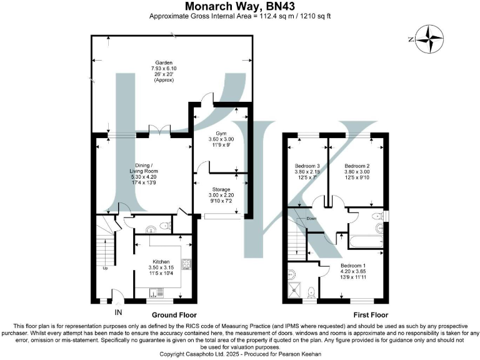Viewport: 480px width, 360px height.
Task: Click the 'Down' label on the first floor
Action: pos(312,219)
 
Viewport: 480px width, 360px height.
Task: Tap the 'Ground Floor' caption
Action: pos(174,315)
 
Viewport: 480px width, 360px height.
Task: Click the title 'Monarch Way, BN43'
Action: pos(240,6)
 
